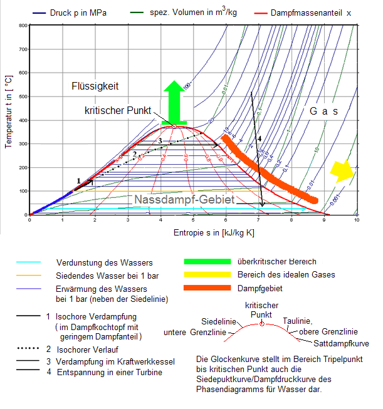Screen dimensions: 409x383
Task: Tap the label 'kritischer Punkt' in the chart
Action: point(118,110)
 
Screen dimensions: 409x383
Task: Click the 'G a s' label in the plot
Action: point(323,111)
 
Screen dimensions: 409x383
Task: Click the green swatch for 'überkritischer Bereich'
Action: point(208,261)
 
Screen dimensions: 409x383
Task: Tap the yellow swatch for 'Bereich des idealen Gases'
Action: point(208,274)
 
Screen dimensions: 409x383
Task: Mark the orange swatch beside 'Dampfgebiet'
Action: point(208,288)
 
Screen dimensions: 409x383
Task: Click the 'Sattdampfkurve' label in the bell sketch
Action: point(342,344)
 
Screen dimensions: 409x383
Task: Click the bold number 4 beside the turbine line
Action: point(260,137)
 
